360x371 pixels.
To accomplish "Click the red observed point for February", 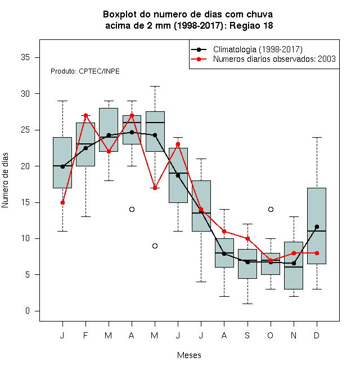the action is [85, 115].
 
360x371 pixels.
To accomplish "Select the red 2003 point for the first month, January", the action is [62, 202].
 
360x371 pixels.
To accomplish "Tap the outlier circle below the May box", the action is [155, 246].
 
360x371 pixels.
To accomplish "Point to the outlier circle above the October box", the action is [271, 210].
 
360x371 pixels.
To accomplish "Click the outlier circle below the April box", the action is [132, 210].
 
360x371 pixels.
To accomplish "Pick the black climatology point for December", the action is [317, 227].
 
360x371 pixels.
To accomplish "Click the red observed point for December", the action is [317, 253].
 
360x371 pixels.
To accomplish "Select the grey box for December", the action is [317, 226].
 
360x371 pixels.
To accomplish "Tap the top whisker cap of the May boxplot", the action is [155, 87].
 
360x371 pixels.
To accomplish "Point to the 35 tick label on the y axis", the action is [25, 57].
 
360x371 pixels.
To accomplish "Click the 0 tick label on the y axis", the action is [28, 311].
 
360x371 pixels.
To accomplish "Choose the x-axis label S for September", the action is [247, 336].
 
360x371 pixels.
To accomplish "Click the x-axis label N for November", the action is [294, 336].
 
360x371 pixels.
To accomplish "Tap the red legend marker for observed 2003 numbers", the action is [199, 59].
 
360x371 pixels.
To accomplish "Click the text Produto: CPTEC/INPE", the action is [85, 71].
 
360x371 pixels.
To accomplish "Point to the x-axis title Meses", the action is [189, 355].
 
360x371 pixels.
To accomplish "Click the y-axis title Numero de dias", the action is [5, 180].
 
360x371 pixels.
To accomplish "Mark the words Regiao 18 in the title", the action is [251, 25].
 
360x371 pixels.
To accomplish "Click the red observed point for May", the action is [155, 188].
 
